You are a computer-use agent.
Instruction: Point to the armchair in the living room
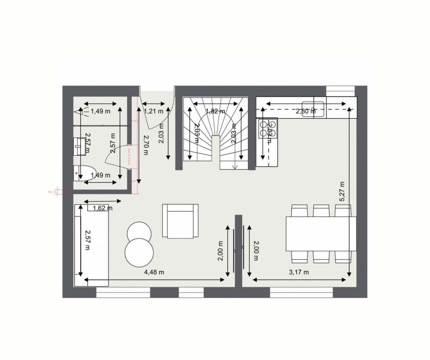(180, 221)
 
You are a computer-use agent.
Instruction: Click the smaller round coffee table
(139, 231)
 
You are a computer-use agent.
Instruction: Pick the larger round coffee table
(139, 252)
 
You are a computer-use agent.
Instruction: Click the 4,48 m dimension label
(154, 272)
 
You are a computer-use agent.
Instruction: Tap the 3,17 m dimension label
(299, 272)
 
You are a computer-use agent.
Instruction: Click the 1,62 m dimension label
(102, 208)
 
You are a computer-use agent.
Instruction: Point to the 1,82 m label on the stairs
(215, 111)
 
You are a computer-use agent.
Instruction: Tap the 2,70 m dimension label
(145, 145)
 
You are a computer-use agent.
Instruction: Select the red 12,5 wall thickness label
(53, 192)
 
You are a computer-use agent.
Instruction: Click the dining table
(321, 233)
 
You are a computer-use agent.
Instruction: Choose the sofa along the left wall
(91, 245)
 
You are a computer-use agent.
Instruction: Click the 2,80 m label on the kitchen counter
(306, 111)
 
